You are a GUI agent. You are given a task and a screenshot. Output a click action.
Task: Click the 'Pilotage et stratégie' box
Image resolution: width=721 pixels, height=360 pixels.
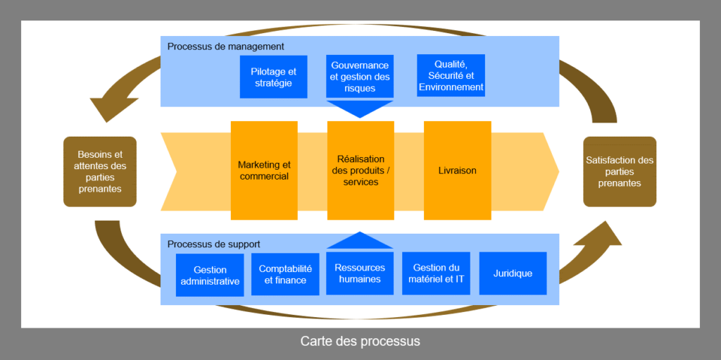273,77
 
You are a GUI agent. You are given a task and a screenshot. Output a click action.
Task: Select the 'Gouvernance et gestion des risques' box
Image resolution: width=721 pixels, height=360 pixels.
360,77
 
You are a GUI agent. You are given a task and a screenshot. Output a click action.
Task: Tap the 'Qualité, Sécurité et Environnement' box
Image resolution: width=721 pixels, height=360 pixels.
451,76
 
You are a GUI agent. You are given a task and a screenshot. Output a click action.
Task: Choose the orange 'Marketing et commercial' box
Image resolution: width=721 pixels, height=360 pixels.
264,170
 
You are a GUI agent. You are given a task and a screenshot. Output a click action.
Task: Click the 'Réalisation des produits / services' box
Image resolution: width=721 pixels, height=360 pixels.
360,170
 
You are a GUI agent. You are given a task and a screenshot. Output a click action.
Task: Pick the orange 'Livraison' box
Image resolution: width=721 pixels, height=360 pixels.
457,170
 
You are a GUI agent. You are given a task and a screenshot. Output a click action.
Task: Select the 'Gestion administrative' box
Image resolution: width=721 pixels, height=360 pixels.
210,275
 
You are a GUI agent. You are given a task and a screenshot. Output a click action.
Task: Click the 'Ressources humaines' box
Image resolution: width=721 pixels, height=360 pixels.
360,273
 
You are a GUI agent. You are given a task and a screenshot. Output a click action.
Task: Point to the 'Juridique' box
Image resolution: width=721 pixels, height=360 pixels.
513,273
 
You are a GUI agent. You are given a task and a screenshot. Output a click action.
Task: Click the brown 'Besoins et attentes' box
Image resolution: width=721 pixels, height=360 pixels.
99,171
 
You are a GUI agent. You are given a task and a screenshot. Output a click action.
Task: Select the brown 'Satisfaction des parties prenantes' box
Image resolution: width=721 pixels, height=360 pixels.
620,171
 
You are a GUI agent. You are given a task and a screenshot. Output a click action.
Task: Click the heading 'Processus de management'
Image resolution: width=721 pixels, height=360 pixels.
225,46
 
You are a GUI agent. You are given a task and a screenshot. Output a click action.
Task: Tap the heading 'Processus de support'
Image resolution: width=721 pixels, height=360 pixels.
214,244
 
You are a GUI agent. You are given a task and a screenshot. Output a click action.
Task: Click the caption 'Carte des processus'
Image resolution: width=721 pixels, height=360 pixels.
360,342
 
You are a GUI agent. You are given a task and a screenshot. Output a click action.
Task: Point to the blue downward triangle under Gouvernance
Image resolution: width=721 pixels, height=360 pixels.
360,108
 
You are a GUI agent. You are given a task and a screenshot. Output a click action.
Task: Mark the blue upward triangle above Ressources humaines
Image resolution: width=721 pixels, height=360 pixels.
360,241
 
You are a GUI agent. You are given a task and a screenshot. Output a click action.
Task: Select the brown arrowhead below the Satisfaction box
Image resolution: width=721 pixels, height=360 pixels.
606,236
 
